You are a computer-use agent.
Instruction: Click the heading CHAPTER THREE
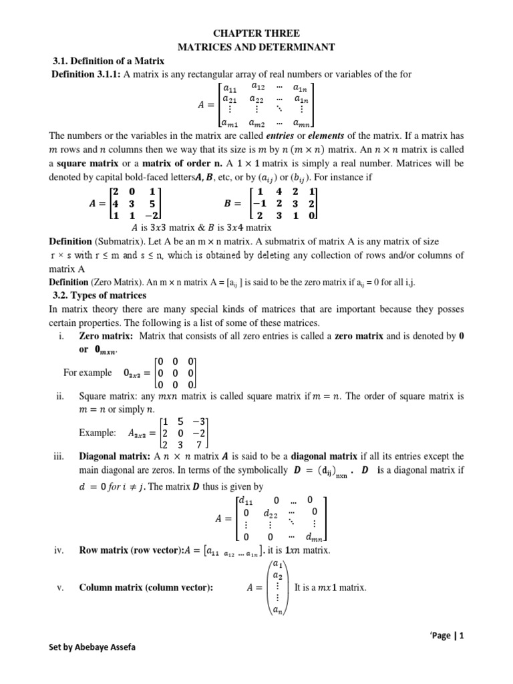tap(256, 33)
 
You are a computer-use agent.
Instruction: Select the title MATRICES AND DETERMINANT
tap(256, 47)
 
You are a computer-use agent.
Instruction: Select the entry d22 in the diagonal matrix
tap(271, 513)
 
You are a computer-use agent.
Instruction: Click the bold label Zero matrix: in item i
tap(106, 337)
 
